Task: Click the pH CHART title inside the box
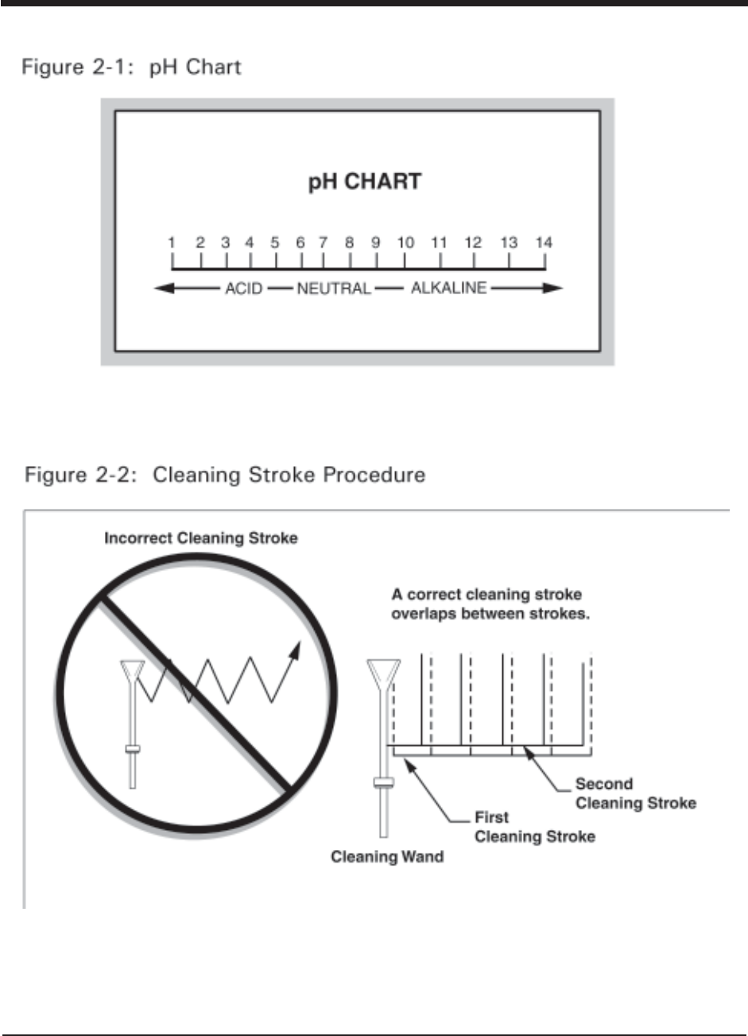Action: tap(364, 182)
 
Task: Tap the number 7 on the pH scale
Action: tap(324, 243)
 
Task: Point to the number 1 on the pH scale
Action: tap(172, 243)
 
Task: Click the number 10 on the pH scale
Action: tap(405, 243)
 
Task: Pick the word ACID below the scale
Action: tap(242, 289)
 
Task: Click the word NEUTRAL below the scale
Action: tap(334, 289)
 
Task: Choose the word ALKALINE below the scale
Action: tap(448, 289)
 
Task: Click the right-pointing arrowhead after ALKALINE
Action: tap(554, 289)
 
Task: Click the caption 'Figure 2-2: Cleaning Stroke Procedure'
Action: tap(226, 475)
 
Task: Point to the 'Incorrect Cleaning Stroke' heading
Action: tap(201, 538)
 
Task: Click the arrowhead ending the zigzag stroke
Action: tap(296, 650)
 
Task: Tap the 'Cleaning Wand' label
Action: tap(376, 858)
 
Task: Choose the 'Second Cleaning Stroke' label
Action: tap(635, 793)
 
